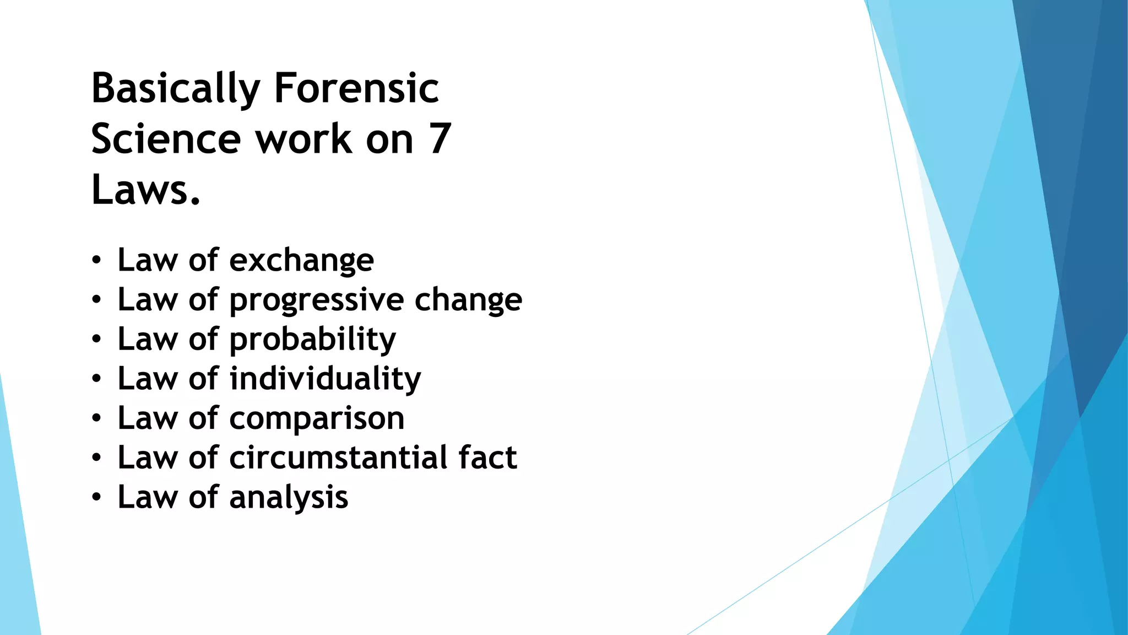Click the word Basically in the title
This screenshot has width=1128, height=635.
[175, 88]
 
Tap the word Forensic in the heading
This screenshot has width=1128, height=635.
[356, 88]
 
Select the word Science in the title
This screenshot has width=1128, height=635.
[166, 139]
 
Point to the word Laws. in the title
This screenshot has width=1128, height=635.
[145, 190]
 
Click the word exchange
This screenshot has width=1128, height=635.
[301, 260]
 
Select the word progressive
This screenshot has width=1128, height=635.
[317, 300]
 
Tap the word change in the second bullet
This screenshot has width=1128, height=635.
[468, 300]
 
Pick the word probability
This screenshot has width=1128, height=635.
[312, 340]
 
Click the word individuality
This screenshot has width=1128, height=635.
[325, 379]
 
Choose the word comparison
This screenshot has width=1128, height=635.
[317, 419]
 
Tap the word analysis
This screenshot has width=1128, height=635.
[289, 498]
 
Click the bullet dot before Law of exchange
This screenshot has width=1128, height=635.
[96, 260]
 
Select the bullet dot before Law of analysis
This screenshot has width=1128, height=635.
[96, 498]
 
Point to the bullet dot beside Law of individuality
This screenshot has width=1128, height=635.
[96, 379]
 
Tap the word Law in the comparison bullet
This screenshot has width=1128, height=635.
[148, 418]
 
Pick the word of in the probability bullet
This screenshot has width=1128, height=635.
[203, 339]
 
